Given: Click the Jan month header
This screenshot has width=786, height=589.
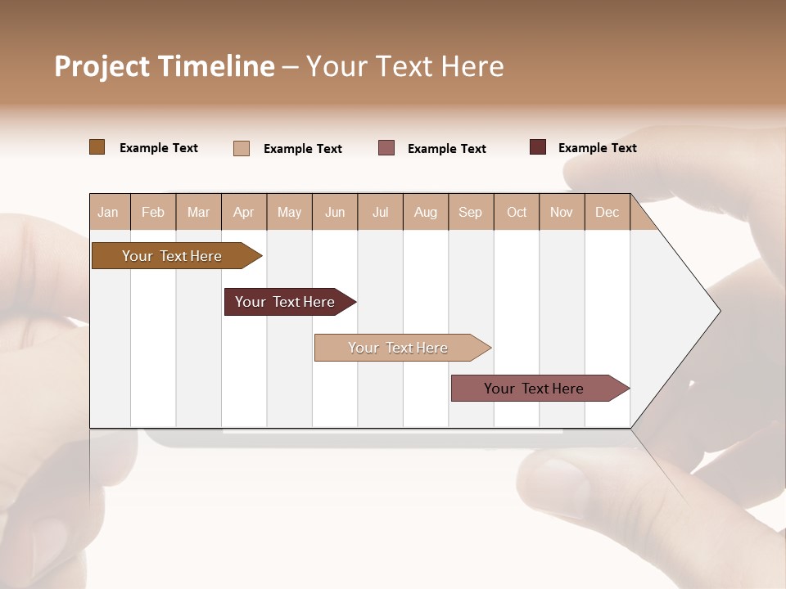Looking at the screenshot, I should (x=108, y=213).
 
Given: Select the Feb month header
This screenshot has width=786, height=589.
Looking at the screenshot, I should (x=153, y=213).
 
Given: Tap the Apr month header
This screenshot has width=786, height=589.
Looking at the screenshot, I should (x=244, y=213).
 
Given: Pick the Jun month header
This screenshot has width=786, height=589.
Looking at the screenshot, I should (x=335, y=213).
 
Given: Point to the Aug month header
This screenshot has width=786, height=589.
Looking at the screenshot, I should (x=426, y=213).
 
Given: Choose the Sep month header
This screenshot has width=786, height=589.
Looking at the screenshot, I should (x=471, y=213).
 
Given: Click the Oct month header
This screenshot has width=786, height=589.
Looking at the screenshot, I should (x=517, y=213).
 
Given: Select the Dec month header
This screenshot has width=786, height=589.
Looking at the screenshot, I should (x=608, y=213).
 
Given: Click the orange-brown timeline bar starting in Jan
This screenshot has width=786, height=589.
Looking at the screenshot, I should (x=173, y=256).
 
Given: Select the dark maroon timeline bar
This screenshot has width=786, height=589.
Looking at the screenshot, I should (x=286, y=302).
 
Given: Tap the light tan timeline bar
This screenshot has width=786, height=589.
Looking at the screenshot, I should (x=399, y=348).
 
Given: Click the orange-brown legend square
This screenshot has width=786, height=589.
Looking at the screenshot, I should (x=97, y=147).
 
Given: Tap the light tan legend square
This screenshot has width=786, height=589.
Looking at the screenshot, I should (x=242, y=148).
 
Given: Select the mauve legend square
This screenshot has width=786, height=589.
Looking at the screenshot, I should (x=386, y=148).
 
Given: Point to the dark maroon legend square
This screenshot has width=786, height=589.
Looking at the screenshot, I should (x=538, y=147).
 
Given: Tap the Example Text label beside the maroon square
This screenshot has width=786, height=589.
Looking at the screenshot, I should (x=598, y=148).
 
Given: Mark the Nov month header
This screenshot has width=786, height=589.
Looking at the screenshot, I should (x=562, y=213).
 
